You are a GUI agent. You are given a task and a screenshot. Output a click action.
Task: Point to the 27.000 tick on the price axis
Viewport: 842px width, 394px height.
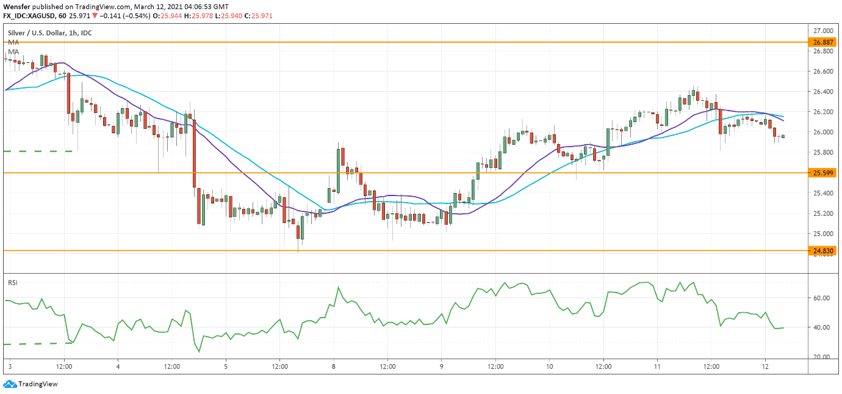pos(824,31)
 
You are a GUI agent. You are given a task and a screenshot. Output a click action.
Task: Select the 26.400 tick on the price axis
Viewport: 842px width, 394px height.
pos(824,92)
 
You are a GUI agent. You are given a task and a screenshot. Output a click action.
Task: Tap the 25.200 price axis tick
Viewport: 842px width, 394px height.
pos(824,213)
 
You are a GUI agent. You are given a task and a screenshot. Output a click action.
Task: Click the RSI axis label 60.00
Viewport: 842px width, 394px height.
pos(823,298)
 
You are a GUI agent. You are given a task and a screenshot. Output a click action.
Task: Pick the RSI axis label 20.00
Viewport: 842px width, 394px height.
pos(823,357)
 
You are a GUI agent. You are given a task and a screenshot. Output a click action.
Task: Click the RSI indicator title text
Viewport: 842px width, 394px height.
pos(12,283)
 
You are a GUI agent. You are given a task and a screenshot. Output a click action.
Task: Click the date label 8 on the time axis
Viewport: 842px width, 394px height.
pos(333,367)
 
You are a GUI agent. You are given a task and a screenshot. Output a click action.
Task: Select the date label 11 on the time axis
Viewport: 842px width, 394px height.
pos(657,367)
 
